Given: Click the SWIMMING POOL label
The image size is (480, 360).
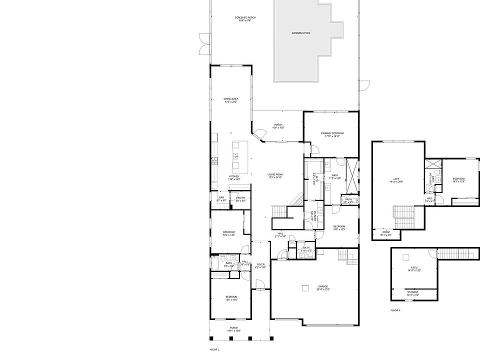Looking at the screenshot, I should [x=301, y=33].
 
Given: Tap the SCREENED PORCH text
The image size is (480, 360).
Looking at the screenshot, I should [x=245, y=18].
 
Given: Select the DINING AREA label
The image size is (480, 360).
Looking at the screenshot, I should [x=230, y=99].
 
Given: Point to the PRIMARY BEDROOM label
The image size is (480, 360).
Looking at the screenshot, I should [x=332, y=133].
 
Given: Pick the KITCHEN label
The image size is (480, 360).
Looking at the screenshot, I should [x=234, y=176].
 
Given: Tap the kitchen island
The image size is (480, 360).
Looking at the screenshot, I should [x=236, y=156].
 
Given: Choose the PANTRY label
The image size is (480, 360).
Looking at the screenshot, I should [x=240, y=198].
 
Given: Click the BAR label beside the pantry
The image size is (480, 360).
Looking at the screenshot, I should [x=221, y=197].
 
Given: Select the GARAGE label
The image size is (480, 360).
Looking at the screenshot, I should [x=322, y=286].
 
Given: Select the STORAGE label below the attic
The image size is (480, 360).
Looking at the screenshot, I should [x=412, y=292].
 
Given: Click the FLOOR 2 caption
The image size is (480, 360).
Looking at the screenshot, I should [x=395, y=310].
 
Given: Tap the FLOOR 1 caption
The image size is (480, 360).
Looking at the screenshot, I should [x=214, y=349].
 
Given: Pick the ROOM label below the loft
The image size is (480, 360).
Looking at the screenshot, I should [x=386, y=232].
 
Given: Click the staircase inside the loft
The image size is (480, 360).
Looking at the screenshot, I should [x=404, y=215].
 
